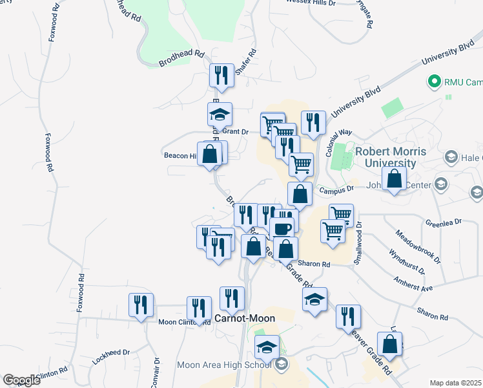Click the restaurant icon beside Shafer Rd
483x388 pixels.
pyautogui.click(x=221, y=76)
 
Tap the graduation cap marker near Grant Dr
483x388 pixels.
pyautogui.click(x=220, y=114)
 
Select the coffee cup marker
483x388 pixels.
pyautogui.click(x=282, y=227)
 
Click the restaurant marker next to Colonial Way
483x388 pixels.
pyautogui.click(x=313, y=122)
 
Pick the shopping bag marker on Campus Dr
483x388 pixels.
pyautogui.click(x=394, y=179)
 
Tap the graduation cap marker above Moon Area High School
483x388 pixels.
pyautogui.click(x=267, y=348)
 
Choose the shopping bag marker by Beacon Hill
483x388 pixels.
pyautogui.click(x=210, y=155)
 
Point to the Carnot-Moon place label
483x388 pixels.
pyautogui.click(x=245, y=318)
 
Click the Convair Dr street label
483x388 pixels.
pyautogui.click(x=156, y=374)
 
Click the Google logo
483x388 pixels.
pyautogui.click(x=21, y=380)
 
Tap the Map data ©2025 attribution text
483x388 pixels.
pyautogui.click(x=455, y=383)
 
